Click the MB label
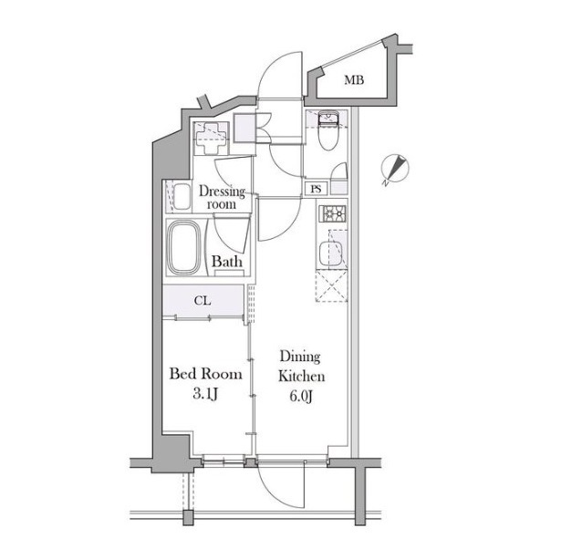[354, 79]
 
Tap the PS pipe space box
[316, 189]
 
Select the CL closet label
[203, 301]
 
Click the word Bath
[227, 262]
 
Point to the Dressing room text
[222, 197]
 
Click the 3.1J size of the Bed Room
[205, 395]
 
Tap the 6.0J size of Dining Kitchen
[301, 397]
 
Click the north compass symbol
[395, 170]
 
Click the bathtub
[184, 247]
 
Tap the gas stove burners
[332, 214]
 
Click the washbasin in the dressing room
[182, 197]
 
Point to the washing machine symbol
[211, 139]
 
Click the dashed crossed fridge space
[331, 286]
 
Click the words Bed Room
[206, 374]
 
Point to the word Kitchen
[302, 377]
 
